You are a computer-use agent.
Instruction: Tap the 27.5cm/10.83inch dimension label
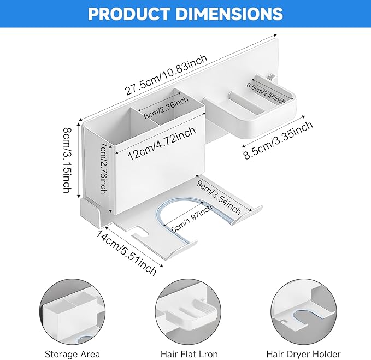167,75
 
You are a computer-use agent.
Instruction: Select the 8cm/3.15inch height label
67,160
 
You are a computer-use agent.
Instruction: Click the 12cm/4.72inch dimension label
162,143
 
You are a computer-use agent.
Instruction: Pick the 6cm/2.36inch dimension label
166,108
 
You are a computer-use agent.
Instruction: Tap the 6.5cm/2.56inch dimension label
266,93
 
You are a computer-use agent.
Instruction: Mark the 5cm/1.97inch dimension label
191,219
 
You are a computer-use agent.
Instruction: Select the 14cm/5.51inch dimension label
126,253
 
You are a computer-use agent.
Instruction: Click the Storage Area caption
73,354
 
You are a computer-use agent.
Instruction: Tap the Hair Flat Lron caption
189,354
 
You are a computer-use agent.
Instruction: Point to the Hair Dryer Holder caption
303,354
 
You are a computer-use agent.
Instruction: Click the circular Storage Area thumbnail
72,311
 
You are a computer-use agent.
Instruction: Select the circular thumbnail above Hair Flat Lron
188,311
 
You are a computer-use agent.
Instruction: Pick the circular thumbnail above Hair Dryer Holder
304,311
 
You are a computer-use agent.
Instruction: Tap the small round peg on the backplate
272,76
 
